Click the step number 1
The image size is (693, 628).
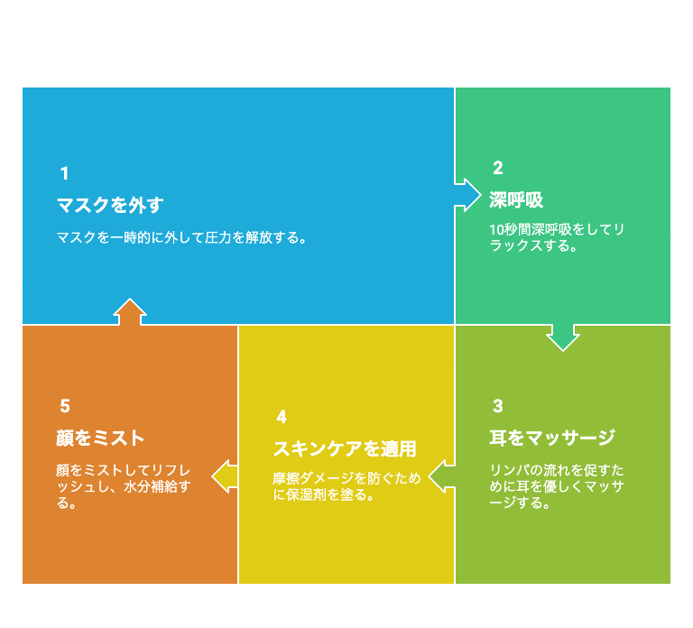(65, 173)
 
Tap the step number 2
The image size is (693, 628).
(498, 168)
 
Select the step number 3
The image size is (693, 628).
(498, 406)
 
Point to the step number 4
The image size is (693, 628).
(282, 417)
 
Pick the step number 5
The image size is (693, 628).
(65, 406)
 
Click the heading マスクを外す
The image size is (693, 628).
(110, 206)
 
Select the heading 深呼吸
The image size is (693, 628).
(516, 200)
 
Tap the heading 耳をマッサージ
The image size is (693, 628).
(552, 438)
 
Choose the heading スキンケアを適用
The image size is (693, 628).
(345, 449)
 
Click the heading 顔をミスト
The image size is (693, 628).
(100, 438)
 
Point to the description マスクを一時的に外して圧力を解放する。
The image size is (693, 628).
(181, 238)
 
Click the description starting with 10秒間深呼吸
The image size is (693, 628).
(557, 237)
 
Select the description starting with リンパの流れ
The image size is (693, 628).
(557, 486)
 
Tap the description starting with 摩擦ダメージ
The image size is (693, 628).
(346, 486)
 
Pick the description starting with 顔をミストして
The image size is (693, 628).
(124, 486)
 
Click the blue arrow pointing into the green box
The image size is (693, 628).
(468, 195)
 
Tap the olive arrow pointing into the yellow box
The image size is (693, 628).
(441, 476)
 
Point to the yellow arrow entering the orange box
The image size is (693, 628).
(225, 476)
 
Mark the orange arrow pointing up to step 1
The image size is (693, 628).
(130, 311)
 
